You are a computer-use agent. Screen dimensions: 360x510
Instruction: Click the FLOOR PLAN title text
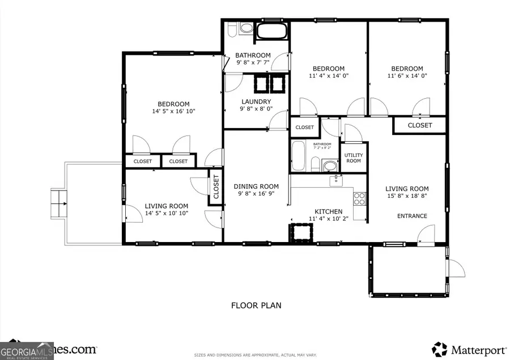256,306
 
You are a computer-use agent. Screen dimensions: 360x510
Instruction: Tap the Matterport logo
466,348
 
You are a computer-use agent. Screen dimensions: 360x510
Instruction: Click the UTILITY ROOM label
353,157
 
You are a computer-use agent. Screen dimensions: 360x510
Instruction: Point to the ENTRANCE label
412,216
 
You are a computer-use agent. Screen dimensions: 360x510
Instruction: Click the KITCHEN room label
325,211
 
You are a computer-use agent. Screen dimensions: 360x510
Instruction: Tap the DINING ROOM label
256,187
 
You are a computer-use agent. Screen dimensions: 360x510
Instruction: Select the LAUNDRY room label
256,102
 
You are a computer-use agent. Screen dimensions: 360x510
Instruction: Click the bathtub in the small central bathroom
299,156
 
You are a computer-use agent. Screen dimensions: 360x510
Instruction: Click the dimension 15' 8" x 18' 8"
407,197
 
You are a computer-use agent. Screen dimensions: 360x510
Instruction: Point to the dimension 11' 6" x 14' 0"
407,75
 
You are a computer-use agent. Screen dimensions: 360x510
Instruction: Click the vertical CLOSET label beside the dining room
216,187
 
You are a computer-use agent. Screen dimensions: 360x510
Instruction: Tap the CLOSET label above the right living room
420,125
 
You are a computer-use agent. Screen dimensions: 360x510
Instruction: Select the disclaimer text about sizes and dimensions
254,354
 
